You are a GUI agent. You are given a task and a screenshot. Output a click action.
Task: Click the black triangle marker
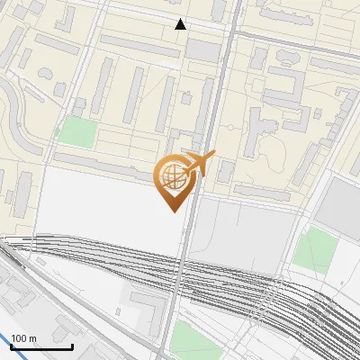(x=181, y=24)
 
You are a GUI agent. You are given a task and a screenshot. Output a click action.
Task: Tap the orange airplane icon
(x=200, y=164)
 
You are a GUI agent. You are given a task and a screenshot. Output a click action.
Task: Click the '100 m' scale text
(x=23, y=338)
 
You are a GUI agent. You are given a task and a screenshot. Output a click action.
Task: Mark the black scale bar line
(x=41, y=346)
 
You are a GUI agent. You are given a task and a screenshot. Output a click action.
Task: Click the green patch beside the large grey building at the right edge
(x=314, y=247)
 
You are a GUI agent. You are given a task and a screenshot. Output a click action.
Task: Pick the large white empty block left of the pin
(x=99, y=202)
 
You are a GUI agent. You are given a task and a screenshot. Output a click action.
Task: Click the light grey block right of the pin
(x=238, y=234)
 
